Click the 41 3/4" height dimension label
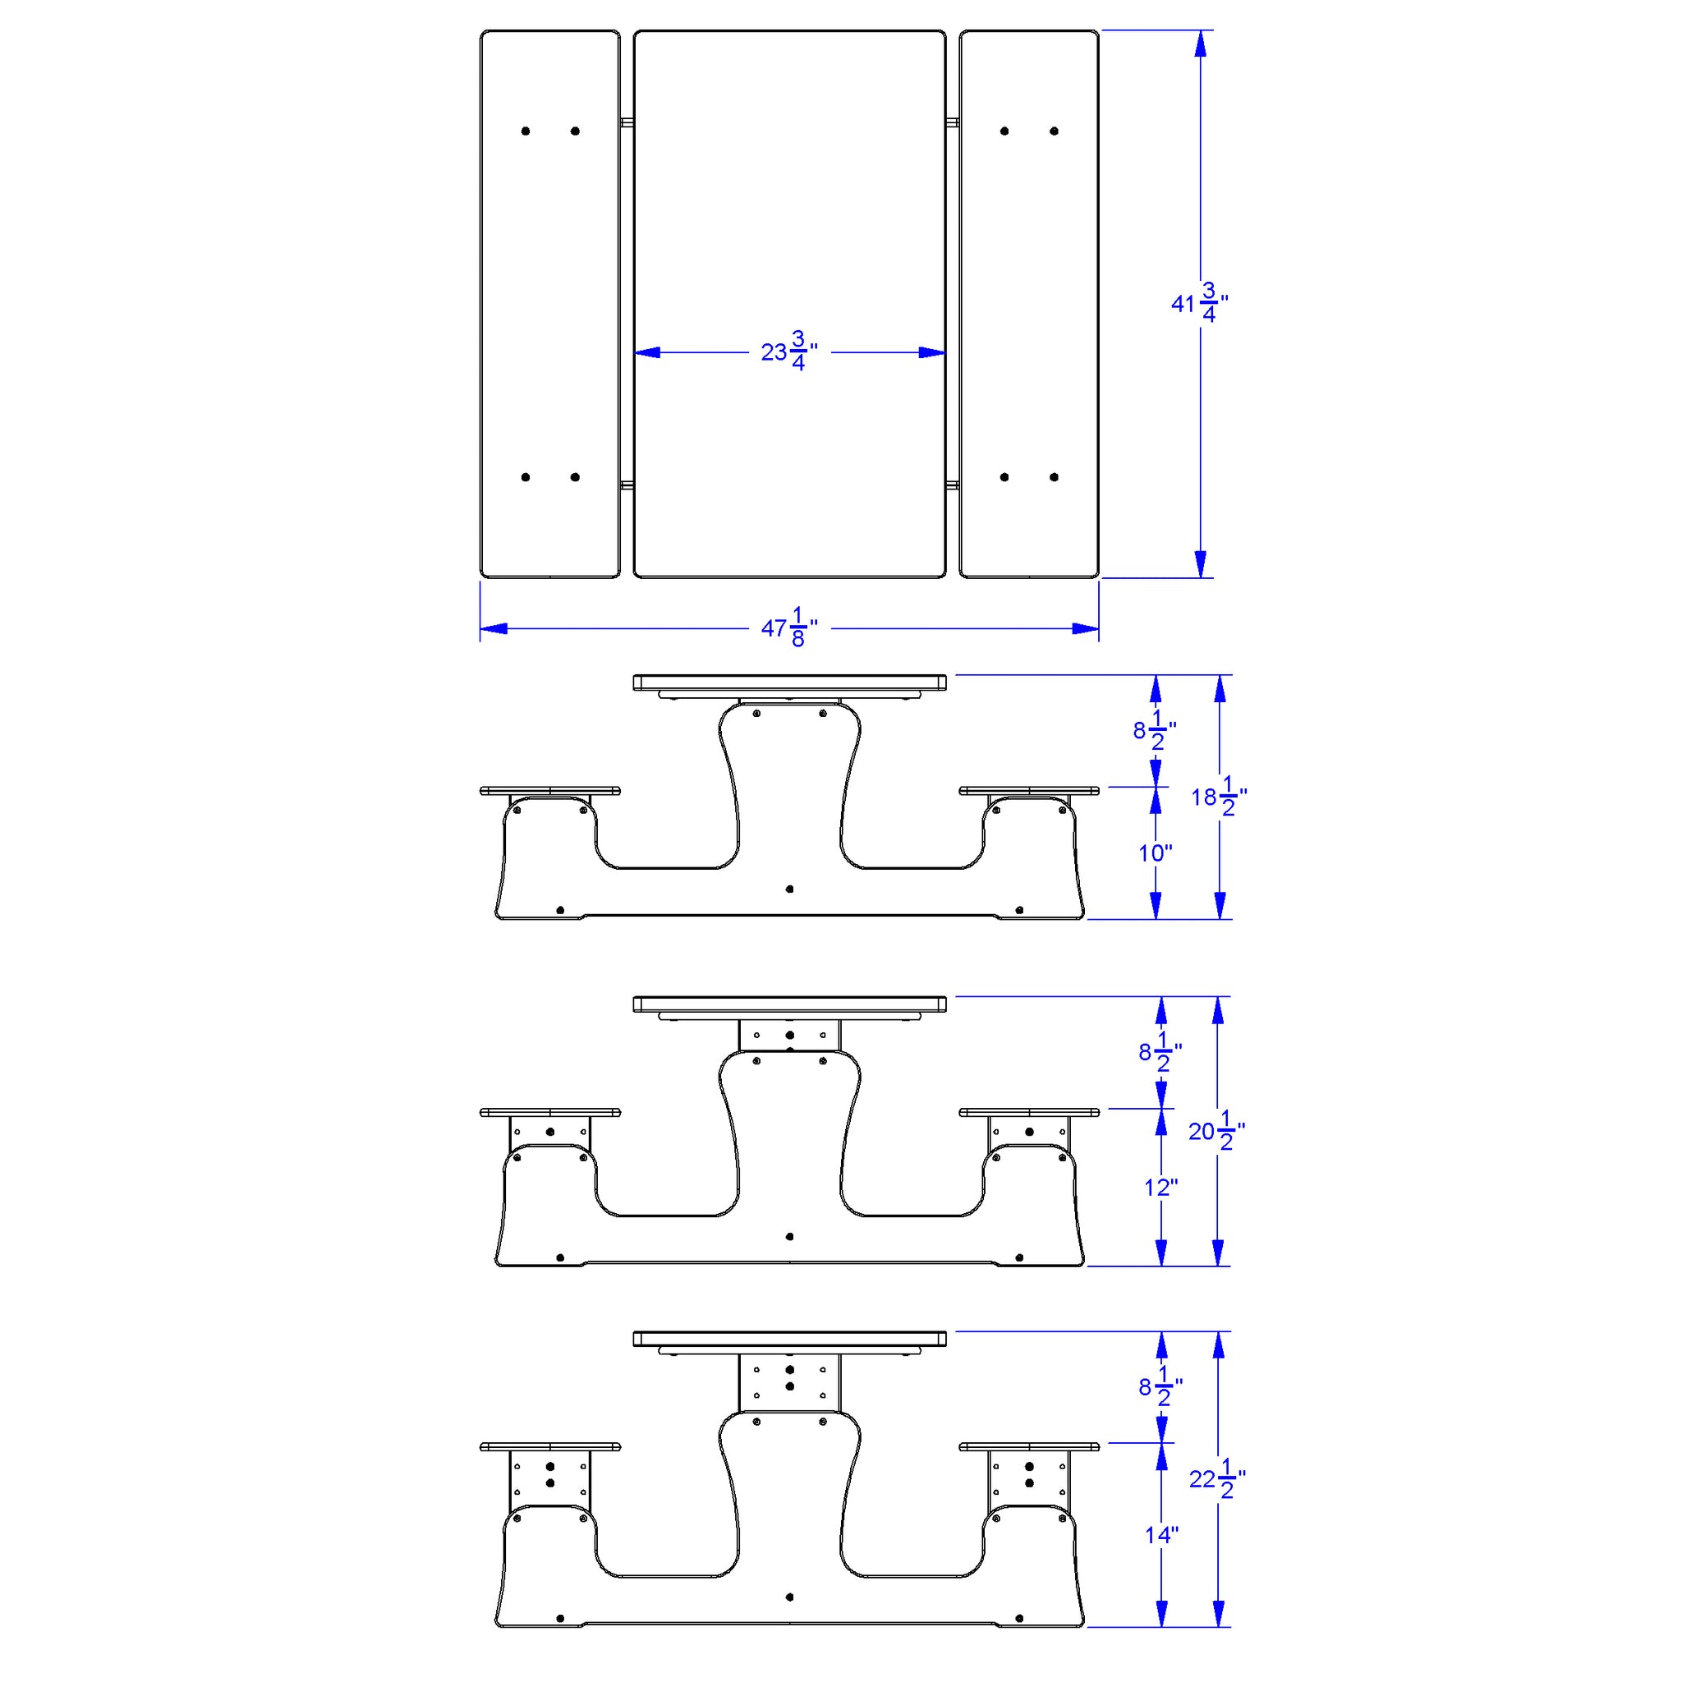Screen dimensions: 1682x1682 1198,303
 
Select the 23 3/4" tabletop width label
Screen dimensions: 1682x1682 788,352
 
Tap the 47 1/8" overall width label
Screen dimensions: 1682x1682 788,627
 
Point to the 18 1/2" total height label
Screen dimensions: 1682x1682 1218,797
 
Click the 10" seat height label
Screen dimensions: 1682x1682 1156,853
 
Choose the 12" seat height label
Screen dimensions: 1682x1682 1160,1188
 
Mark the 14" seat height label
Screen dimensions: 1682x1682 1161,1535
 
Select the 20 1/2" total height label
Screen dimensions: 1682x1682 1216,1131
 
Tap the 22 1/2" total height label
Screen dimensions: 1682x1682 1216,1478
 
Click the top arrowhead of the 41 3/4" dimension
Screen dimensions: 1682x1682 1201,44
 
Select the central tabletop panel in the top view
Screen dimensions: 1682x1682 788,218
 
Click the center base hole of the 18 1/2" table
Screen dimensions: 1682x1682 789,889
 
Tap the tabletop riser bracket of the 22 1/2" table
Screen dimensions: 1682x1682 789,1381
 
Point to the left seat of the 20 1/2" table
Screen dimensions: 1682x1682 550,1113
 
